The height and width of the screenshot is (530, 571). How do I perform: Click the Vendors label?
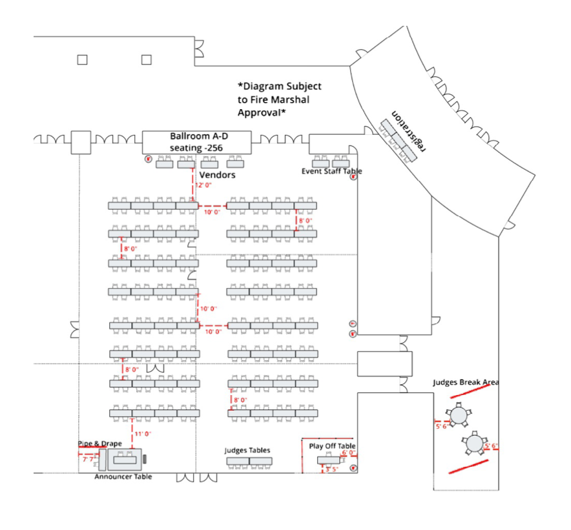[x=217, y=175]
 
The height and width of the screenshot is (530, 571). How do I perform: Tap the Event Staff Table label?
[x=331, y=171]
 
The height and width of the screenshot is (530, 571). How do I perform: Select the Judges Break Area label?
[x=465, y=382]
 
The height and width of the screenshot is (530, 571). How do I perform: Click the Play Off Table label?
[x=332, y=446]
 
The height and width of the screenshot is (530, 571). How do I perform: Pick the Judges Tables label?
[x=247, y=450]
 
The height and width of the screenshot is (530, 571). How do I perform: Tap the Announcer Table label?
[x=123, y=476]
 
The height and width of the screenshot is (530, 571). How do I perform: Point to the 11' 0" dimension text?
[x=143, y=434]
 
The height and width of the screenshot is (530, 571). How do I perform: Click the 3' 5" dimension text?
[x=332, y=469]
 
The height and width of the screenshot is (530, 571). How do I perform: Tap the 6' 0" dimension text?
[x=348, y=453]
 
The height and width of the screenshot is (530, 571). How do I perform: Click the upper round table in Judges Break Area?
[x=459, y=414]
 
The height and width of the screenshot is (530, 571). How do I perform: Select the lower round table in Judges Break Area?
[x=474, y=443]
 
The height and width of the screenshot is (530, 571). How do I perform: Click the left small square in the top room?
[x=82, y=60]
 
